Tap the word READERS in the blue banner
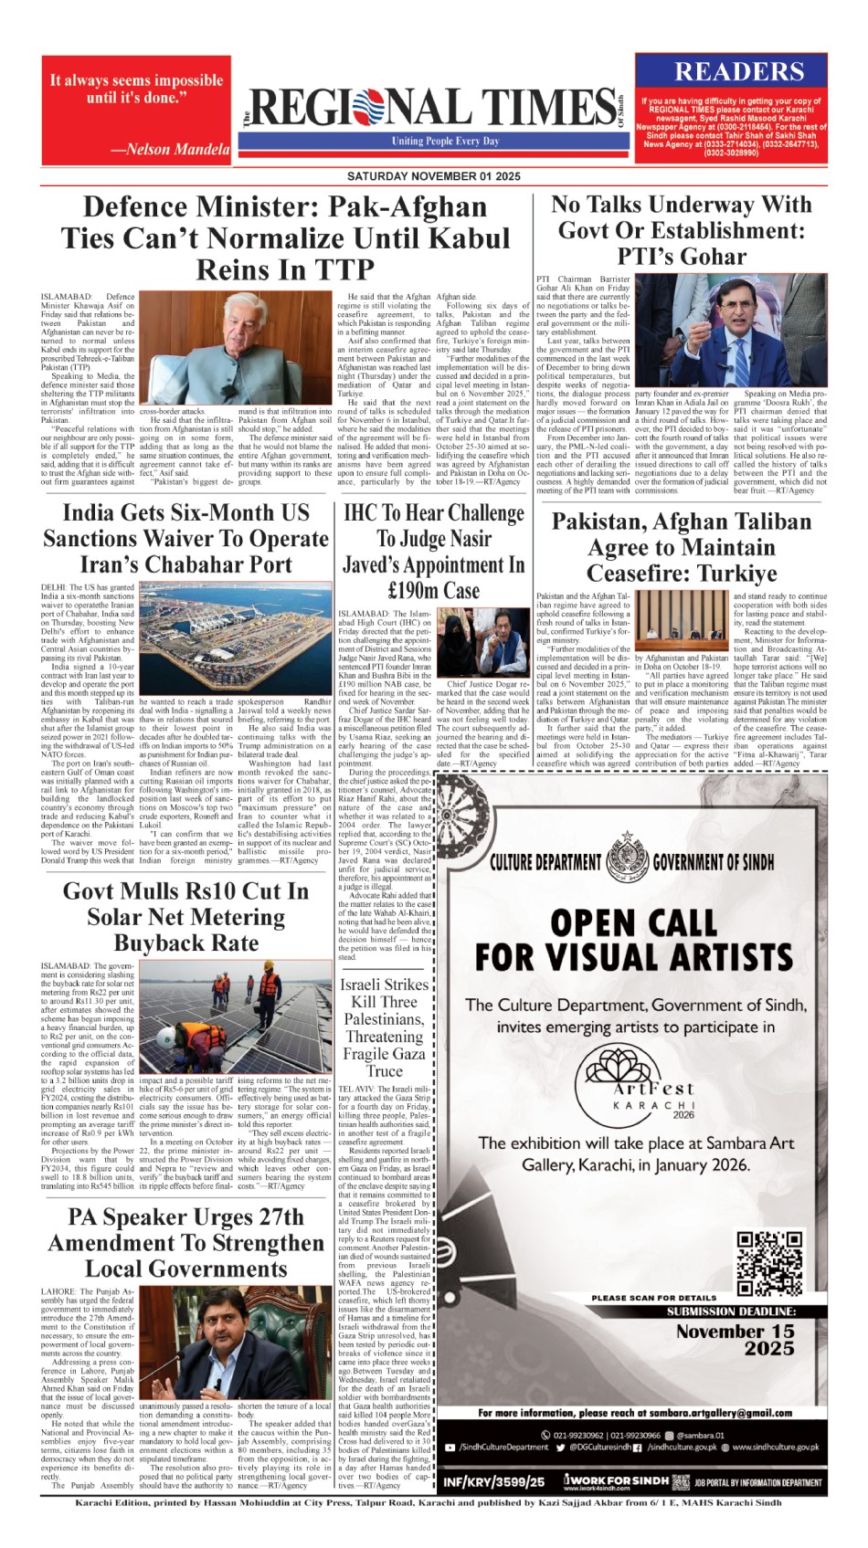click(x=739, y=71)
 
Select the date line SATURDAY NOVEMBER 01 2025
click(x=433, y=176)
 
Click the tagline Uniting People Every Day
click(x=446, y=142)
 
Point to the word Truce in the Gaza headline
click(x=384, y=1071)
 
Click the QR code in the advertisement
click(x=769, y=1263)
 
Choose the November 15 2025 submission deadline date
click(x=735, y=1340)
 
